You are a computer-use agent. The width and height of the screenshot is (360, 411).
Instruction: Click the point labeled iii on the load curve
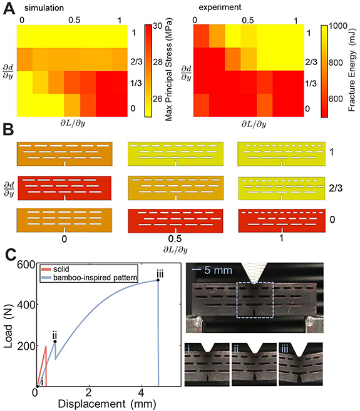158,280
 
